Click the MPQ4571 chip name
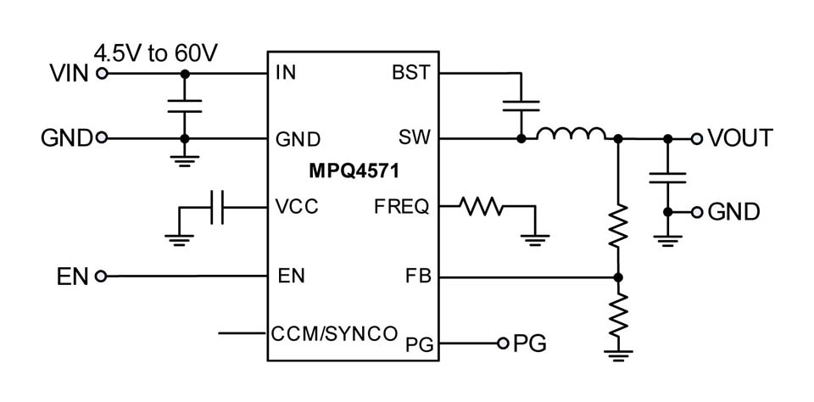tap(354, 171)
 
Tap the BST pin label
tap(410, 73)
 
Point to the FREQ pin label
tap(402, 207)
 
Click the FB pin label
tap(419, 276)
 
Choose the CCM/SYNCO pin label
tap(334, 333)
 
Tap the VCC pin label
tap(298, 207)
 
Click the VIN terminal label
tap(68, 74)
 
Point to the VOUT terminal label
tap(740, 138)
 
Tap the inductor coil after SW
tap(571, 134)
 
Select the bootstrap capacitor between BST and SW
tap(521, 106)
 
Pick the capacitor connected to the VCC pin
tap(216, 207)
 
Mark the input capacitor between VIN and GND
tap(184, 106)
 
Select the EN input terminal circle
tap(102, 276)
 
